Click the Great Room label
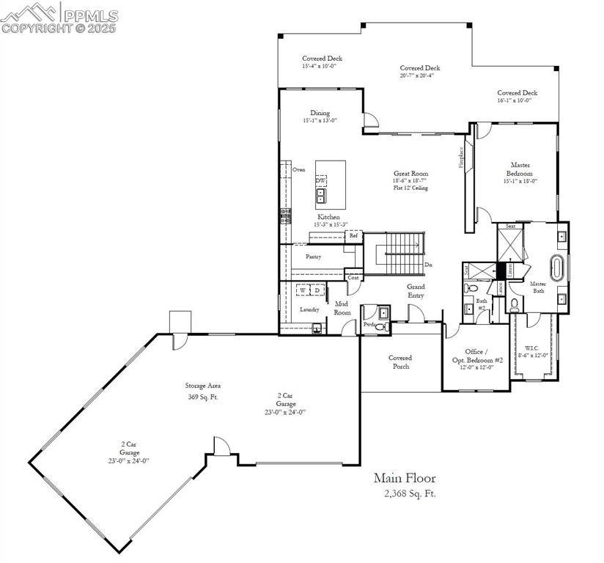click(x=410, y=174)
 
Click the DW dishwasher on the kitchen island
click(x=321, y=180)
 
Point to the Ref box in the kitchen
click(x=353, y=236)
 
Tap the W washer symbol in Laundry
click(x=302, y=290)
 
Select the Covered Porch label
click(x=400, y=362)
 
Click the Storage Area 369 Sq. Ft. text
click(x=203, y=391)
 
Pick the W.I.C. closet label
click(x=534, y=350)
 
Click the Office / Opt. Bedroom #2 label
click(x=477, y=356)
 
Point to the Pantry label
click(x=314, y=257)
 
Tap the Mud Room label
click(x=342, y=308)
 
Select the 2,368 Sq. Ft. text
click(x=410, y=493)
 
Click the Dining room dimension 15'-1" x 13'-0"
click(x=320, y=120)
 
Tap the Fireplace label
click(x=461, y=157)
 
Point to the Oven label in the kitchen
click(x=298, y=169)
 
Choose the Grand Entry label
click(x=416, y=291)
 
